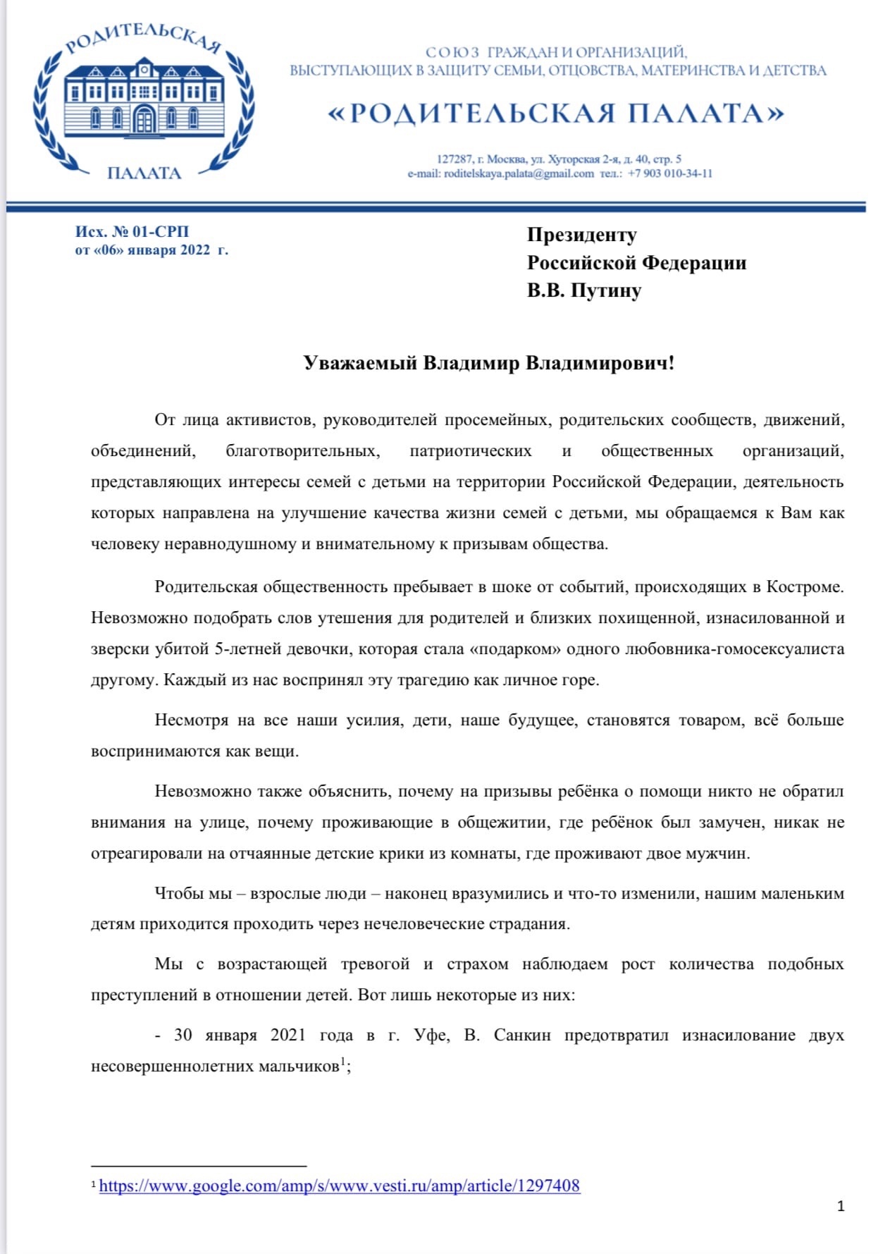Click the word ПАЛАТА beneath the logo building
pyautogui.click(x=144, y=173)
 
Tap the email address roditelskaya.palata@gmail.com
pyautogui.click(x=519, y=174)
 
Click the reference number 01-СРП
pyautogui.click(x=161, y=232)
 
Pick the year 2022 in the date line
pyautogui.click(x=190, y=250)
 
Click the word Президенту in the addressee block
pyautogui.click(x=582, y=235)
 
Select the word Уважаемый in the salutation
pyautogui.click(x=360, y=363)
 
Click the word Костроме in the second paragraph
pyautogui.click(x=804, y=587)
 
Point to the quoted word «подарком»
pyautogui.click(x=515, y=649)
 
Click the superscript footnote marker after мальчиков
pyautogui.click(x=343, y=1062)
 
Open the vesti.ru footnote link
pyautogui.click(x=340, y=1186)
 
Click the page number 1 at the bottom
pyautogui.click(x=841, y=1206)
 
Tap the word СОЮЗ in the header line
pyautogui.click(x=452, y=53)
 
